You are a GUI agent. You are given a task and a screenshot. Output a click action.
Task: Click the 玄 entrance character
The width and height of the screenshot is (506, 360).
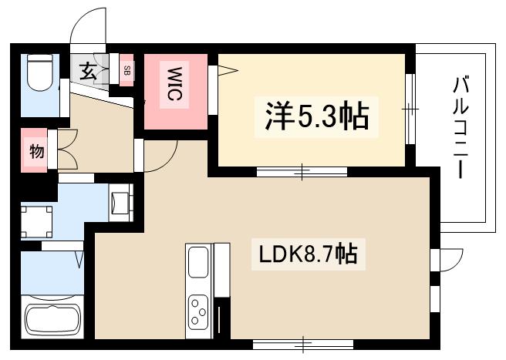tap(87, 73)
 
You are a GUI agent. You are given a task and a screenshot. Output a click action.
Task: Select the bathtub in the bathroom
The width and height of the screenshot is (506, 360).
tap(54, 319)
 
